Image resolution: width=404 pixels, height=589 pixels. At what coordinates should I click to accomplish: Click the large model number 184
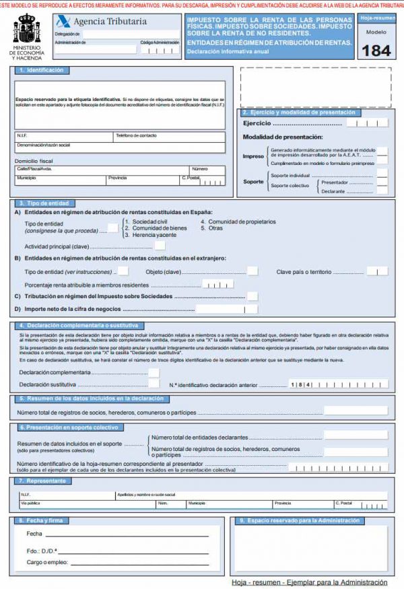coord(376,50)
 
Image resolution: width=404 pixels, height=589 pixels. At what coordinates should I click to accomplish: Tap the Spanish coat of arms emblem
coord(27,31)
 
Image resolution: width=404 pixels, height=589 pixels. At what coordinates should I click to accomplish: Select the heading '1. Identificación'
coord(42,70)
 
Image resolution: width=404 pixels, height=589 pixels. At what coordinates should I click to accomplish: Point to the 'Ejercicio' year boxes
coord(371,124)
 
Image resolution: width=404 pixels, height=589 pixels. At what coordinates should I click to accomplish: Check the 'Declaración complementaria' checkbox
coord(154,372)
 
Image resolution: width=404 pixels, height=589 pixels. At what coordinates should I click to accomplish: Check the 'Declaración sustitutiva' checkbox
coord(154,384)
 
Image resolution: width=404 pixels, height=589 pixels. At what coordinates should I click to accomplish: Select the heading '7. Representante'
coord(42,481)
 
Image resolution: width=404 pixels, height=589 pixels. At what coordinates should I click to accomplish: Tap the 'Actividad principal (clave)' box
coord(160,246)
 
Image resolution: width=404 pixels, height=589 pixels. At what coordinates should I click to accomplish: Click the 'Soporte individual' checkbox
coord(382,174)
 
